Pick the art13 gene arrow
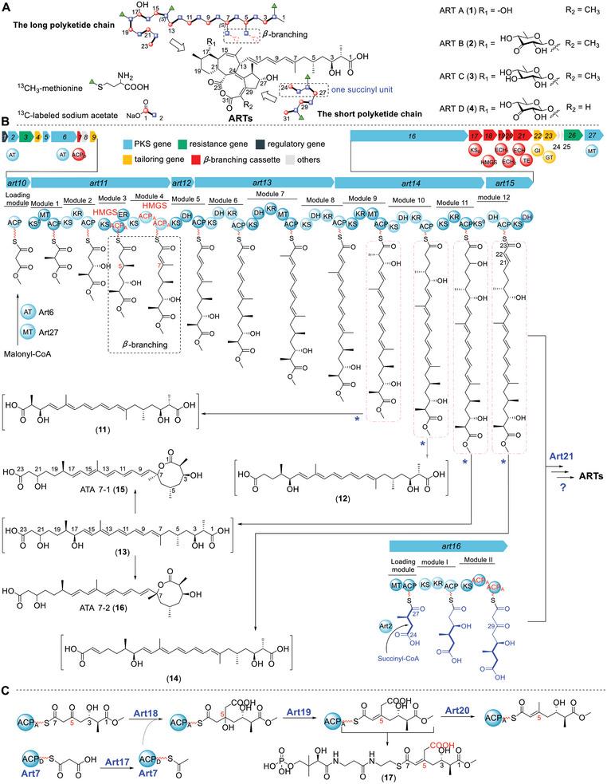click(x=264, y=183)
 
